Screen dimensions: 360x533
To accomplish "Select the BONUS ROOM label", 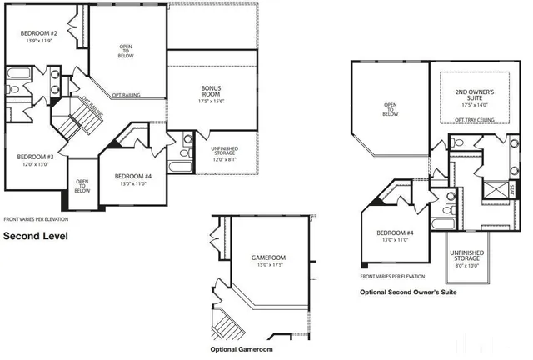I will pos(211,91).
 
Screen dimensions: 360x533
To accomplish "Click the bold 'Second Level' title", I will pos(35,236).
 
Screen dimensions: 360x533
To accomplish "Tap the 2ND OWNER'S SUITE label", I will pos(476,93).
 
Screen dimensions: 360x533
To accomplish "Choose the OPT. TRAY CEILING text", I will pos(476,120).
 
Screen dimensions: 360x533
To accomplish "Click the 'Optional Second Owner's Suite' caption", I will pos(407,292).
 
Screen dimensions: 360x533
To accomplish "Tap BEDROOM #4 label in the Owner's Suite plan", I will pos(396,232).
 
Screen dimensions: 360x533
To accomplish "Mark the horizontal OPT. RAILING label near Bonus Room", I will pos(126,96).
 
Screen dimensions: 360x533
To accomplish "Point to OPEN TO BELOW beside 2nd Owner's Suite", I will pos(390,109).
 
